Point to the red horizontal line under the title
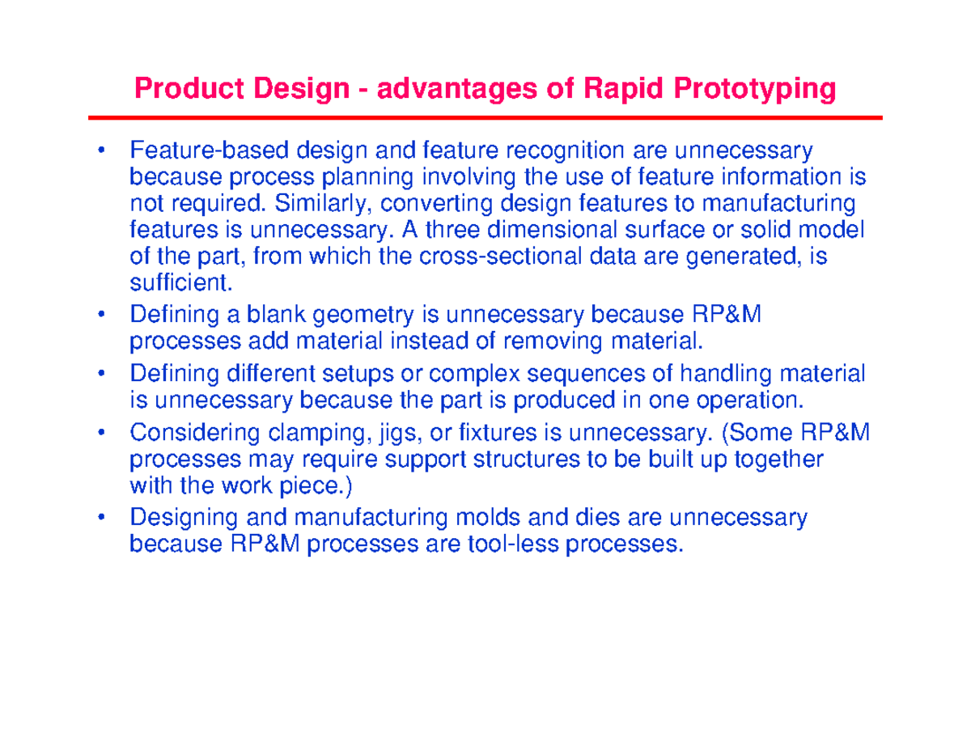click(x=485, y=118)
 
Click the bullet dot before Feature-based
click(x=101, y=150)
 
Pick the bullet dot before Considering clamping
click(x=101, y=434)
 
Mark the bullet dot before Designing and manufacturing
click(x=101, y=517)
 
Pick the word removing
click(x=551, y=340)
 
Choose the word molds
click(x=478, y=517)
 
